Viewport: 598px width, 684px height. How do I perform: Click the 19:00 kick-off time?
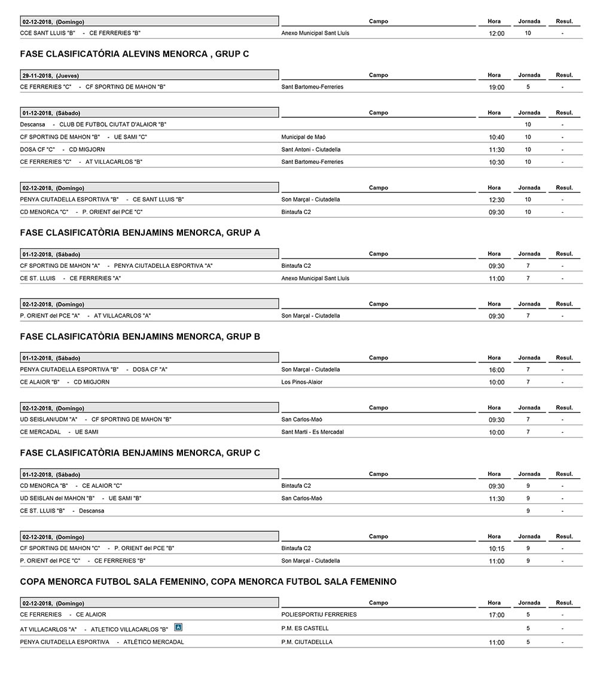pyautogui.click(x=496, y=87)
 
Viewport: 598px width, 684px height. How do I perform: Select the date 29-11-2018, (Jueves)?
pyautogui.click(x=51, y=76)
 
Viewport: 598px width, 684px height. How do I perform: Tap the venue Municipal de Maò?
pyautogui.click(x=303, y=137)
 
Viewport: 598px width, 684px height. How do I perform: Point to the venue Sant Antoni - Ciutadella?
pyautogui.click(x=310, y=149)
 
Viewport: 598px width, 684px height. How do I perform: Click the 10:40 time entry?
pyautogui.click(x=496, y=138)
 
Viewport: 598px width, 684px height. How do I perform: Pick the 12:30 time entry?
pyautogui.click(x=496, y=200)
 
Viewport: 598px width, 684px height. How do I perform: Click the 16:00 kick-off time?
pyautogui.click(x=496, y=370)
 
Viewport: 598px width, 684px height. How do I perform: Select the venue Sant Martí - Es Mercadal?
pyautogui.click(x=312, y=432)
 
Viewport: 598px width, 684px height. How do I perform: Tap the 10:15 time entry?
pyautogui.click(x=496, y=549)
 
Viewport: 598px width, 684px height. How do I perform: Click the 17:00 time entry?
pyautogui.click(x=496, y=615)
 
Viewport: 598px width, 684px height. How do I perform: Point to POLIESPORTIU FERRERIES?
pyautogui.click(x=319, y=614)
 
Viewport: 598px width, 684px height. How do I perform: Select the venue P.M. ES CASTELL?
pyautogui.click(x=305, y=628)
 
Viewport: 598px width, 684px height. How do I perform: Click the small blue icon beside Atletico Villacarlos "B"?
pyautogui.click(x=178, y=627)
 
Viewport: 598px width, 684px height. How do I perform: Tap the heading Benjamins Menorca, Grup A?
pyautogui.click(x=140, y=233)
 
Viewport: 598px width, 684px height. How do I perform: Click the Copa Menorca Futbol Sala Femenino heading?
pyautogui.click(x=208, y=582)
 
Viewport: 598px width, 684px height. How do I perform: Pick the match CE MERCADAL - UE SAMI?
pyautogui.click(x=59, y=432)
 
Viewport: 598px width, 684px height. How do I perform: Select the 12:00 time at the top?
pyautogui.click(x=496, y=33)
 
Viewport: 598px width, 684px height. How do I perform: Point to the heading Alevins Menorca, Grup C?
pyautogui.click(x=135, y=54)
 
